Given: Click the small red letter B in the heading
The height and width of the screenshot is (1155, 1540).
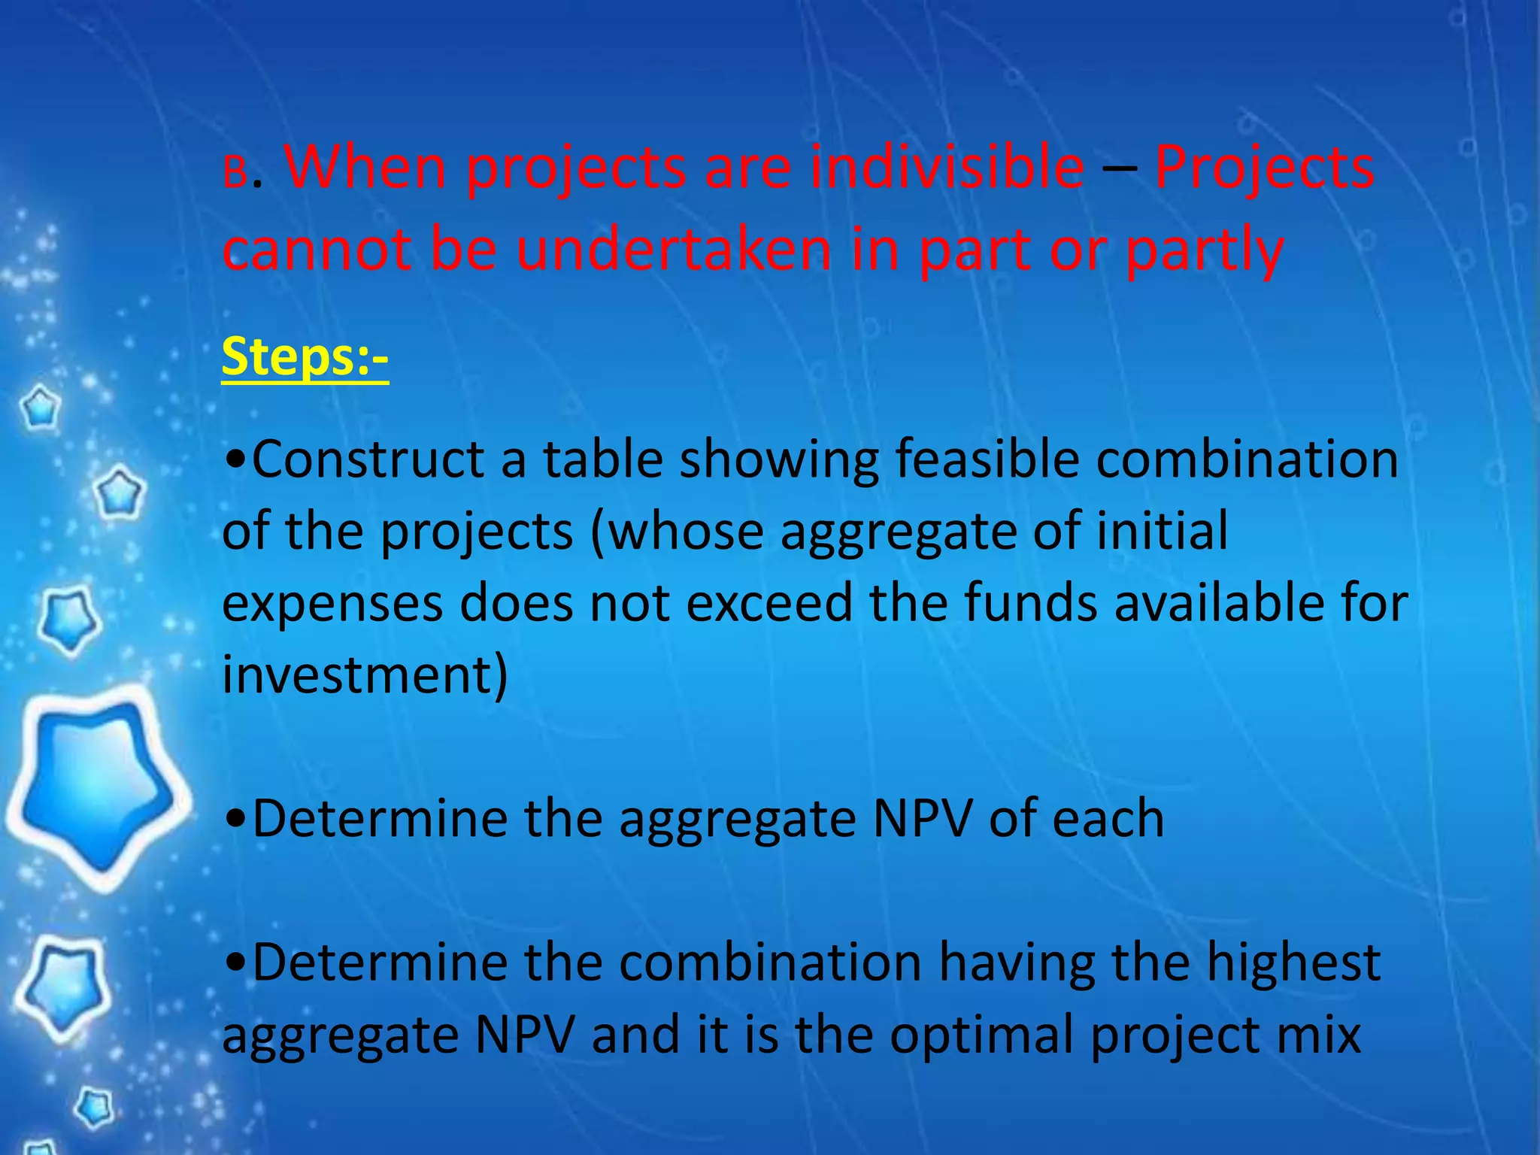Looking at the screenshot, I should (x=234, y=174).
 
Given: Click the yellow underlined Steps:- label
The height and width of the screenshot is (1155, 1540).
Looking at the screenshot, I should (x=305, y=357).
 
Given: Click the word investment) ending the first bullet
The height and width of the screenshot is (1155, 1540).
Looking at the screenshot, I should (x=365, y=675).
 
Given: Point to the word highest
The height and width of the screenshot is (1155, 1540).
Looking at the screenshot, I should (x=1293, y=963).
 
